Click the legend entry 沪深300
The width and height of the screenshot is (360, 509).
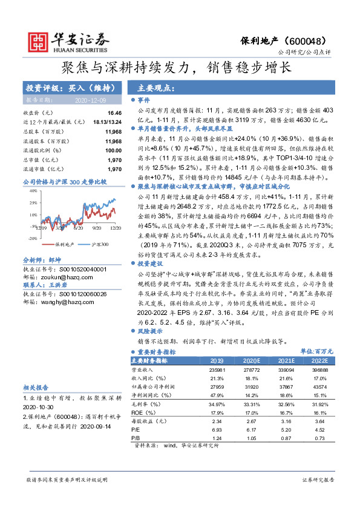click(x=100, y=244)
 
